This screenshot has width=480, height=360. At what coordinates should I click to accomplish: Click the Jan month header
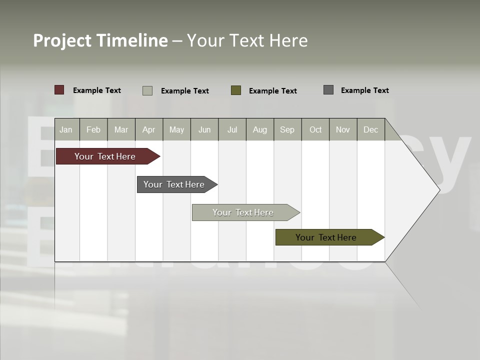[x=66, y=129]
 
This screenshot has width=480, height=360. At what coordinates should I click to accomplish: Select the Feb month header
[x=93, y=129]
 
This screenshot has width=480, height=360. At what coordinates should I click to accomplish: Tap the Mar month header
[x=121, y=129]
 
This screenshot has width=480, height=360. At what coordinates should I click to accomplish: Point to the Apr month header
[x=149, y=129]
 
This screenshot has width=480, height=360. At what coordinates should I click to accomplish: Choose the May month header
[x=176, y=129]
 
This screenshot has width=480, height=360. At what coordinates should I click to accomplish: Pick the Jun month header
[x=204, y=129]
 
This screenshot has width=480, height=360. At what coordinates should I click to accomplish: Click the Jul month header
[x=232, y=129]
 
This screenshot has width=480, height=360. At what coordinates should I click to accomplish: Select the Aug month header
[x=260, y=129]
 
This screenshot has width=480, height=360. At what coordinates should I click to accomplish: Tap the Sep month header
[x=287, y=129]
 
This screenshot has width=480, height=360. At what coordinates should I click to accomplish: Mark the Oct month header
[x=315, y=129]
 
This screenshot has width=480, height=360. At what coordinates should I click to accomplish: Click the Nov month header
[x=343, y=129]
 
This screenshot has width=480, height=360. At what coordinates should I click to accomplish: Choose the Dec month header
[x=371, y=129]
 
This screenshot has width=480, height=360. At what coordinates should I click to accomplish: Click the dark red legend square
[x=59, y=90]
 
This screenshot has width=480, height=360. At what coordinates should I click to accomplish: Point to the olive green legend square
[x=236, y=90]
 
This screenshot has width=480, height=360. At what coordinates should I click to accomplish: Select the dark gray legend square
[x=328, y=90]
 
